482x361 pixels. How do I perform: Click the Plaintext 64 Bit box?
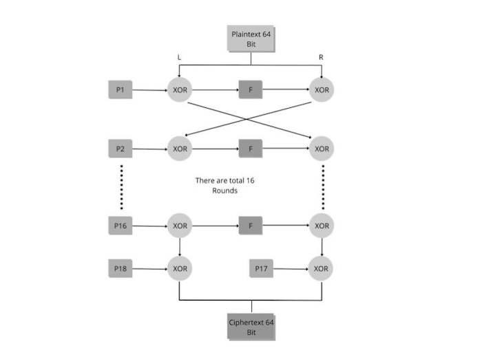[x=251, y=39]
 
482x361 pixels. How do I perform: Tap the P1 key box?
[x=120, y=89]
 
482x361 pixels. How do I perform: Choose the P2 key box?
[x=120, y=148]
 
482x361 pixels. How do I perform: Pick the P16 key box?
[x=120, y=226]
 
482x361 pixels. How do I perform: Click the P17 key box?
[x=261, y=268]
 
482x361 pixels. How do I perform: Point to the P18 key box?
[x=120, y=268]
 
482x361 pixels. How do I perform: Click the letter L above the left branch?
[x=180, y=58]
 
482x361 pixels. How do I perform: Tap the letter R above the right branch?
[x=321, y=58]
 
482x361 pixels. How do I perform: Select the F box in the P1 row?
[x=251, y=89]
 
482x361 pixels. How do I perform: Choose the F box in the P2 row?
[x=251, y=148]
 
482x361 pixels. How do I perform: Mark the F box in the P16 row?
[x=251, y=226]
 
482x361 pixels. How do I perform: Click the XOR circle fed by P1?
[x=180, y=89]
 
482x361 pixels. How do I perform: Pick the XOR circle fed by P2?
[x=180, y=148]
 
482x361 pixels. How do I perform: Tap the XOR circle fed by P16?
[x=180, y=226]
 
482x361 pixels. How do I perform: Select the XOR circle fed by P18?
[x=180, y=268]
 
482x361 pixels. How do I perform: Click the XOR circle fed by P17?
[x=321, y=268]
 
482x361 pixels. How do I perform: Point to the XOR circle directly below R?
[x=321, y=89]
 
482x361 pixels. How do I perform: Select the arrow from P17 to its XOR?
[x=291, y=268]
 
